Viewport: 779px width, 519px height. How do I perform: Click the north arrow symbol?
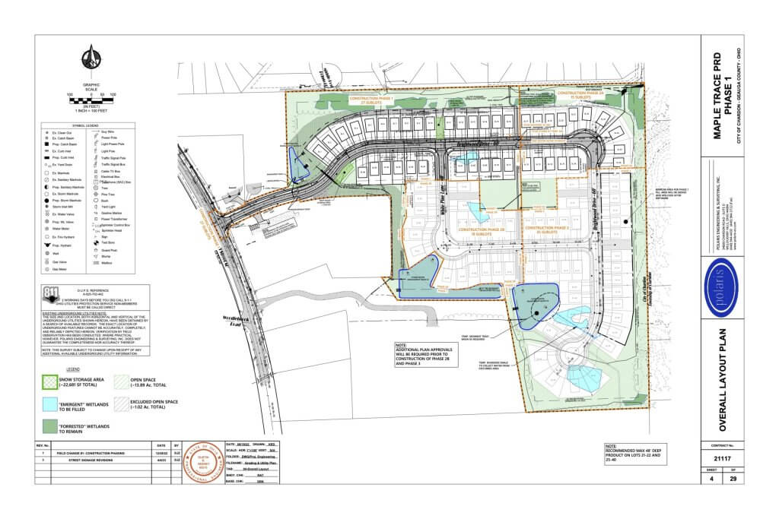(x=91, y=57)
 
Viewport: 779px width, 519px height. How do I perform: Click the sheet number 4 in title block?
(x=710, y=479)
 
